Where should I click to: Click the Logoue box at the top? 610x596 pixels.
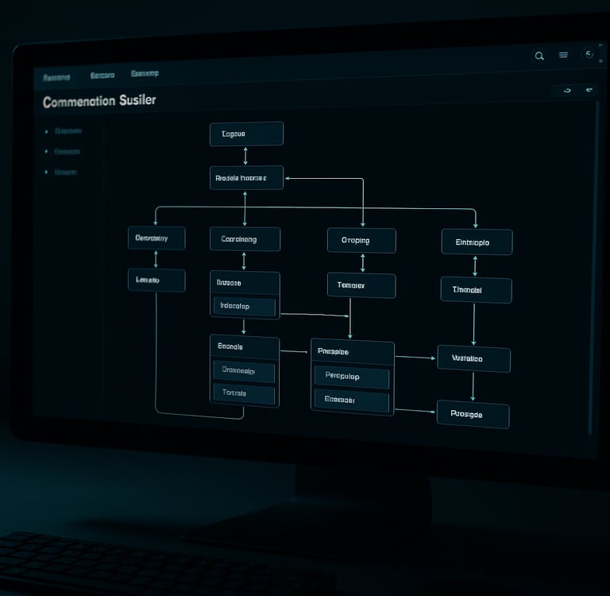(x=246, y=134)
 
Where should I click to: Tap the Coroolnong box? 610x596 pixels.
(x=245, y=238)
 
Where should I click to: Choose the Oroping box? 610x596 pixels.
(x=361, y=241)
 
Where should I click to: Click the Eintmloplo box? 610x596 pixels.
(x=477, y=242)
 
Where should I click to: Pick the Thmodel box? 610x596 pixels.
(x=476, y=290)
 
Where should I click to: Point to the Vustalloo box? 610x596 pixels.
(x=473, y=358)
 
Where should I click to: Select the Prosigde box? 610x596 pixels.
(x=473, y=414)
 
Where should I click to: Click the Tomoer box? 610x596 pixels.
(x=361, y=285)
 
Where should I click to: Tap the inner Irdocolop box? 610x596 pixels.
(x=245, y=307)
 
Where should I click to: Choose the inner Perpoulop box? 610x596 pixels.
(x=352, y=376)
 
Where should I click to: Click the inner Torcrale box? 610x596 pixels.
(x=244, y=393)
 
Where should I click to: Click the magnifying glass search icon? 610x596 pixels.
(x=540, y=56)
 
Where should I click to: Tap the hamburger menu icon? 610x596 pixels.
(x=564, y=55)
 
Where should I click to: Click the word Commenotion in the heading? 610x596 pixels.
(x=78, y=102)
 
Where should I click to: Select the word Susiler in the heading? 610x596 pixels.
(x=137, y=101)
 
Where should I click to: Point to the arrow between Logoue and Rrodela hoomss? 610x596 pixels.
(x=245, y=156)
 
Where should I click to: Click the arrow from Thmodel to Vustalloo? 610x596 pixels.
(x=474, y=323)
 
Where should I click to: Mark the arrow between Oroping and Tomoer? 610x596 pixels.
(x=363, y=263)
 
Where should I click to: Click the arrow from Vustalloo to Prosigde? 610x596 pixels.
(x=473, y=386)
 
